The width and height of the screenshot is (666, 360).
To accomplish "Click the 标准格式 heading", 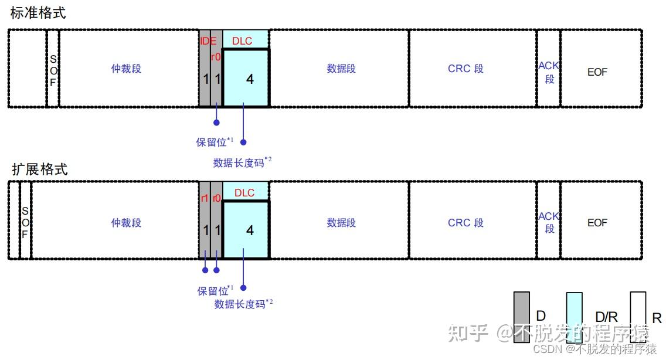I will click(x=38, y=13).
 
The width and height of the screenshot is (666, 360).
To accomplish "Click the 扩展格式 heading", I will click(x=40, y=169).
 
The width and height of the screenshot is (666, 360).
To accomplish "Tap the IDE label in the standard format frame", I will click(x=208, y=41).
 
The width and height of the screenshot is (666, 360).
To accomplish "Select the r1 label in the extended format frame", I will click(x=205, y=198).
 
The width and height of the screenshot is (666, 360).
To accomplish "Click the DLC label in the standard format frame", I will click(x=243, y=41).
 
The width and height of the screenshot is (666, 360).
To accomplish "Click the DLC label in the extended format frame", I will click(x=244, y=193).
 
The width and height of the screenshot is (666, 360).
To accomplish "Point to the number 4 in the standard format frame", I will click(x=250, y=79).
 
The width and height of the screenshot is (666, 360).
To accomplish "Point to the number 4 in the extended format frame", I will click(x=250, y=230).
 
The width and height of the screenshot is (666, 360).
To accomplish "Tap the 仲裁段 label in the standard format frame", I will click(x=126, y=69).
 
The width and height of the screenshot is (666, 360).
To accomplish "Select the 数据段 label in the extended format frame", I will click(x=341, y=223).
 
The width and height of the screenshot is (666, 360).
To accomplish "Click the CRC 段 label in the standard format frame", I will click(x=465, y=69).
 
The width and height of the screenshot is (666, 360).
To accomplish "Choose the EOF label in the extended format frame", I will click(x=597, y=223).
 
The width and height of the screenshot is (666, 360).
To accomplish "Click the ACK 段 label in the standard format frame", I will click(x=549, y=72).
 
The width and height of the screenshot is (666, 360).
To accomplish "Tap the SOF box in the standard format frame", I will click(x=53, y=70).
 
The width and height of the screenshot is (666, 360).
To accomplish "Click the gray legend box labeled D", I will click(x=521, y=317).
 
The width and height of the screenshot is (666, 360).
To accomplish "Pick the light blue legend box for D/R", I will click(x=574, y=317).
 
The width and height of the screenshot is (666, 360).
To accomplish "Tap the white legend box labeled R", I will click(x=638, y=317).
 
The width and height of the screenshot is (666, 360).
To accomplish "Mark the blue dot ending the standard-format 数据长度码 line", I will click(x=243, y=142).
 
